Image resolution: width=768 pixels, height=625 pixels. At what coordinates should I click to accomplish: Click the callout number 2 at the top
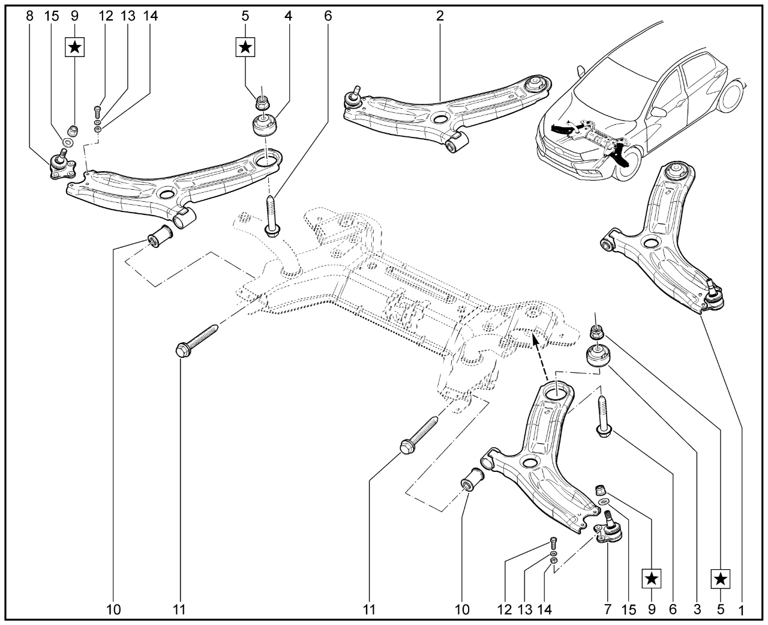tap(440, 16)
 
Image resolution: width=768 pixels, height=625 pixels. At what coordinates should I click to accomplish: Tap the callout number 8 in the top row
tap(30, 16)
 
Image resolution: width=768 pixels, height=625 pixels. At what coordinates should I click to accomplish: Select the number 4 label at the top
tap(289, 16)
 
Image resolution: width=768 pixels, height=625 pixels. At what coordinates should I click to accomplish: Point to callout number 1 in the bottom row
tap(741, 610)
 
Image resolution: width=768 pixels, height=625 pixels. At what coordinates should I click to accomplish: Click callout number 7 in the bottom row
tap(607, 610)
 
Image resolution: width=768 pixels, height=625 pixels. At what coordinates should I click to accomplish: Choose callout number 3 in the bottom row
tap(697, 610)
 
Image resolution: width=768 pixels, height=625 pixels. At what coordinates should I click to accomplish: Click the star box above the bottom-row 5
tap(721, 579)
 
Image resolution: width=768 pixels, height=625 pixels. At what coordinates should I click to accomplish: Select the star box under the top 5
tap(245, 46)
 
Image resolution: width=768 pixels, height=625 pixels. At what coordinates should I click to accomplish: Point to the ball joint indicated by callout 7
tap(609, 528)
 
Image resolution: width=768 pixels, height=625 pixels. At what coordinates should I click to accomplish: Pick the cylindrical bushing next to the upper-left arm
tap(161, 235)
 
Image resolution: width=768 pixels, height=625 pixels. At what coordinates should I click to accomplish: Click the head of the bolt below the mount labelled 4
tap(271, 229)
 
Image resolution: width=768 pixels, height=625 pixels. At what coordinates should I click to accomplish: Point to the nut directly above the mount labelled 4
tap(262, 102)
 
